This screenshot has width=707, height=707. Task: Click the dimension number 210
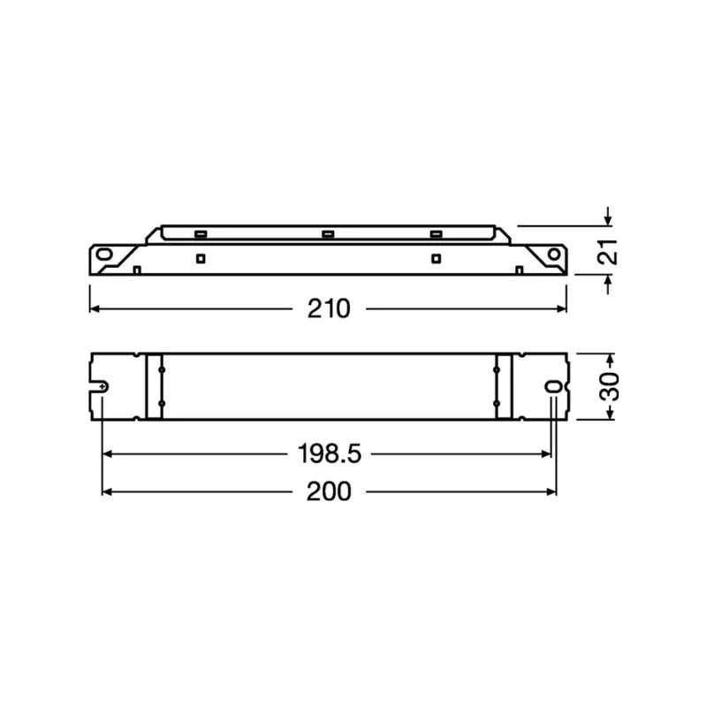pos(329,308)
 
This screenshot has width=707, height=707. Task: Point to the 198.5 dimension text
pos(328,454)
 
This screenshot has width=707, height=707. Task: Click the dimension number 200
pos(329,491)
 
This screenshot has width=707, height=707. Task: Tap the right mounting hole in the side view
pos(552,253)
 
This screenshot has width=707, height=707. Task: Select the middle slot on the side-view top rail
pos(328,233)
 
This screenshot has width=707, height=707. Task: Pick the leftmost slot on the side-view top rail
pos(201,233)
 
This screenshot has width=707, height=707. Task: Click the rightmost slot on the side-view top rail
pos(435,233)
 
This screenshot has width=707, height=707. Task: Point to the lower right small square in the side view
pos(435,258)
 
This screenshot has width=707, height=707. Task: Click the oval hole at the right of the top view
pos(553,387)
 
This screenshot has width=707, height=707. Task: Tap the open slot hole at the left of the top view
pos(103,387)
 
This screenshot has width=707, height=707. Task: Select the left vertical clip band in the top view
pos(155,385)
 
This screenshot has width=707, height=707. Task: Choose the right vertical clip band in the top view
pos(504,385)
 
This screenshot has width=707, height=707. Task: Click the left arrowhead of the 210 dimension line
pos(93,308)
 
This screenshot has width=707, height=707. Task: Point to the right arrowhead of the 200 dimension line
pos(552,491)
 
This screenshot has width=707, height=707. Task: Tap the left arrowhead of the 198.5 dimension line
pos(108,454)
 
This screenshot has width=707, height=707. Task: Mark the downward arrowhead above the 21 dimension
pos(607,220)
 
